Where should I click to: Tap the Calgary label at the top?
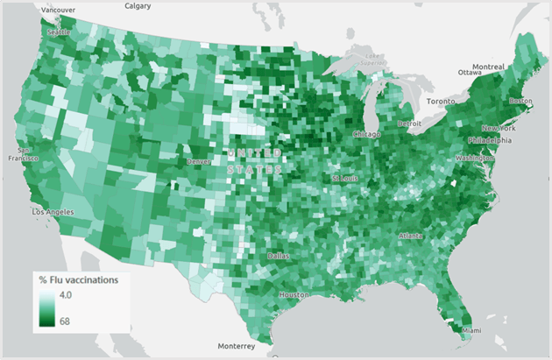pos(138,6)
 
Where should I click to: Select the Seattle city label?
pos(58,32)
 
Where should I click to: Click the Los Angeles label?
pos(53,212)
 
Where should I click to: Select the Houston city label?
pos(294,295)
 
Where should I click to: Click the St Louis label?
pos(344,179)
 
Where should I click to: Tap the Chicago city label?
pos(367,134)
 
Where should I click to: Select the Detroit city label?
pos(409,124)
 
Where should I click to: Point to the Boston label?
pos(520,101)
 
